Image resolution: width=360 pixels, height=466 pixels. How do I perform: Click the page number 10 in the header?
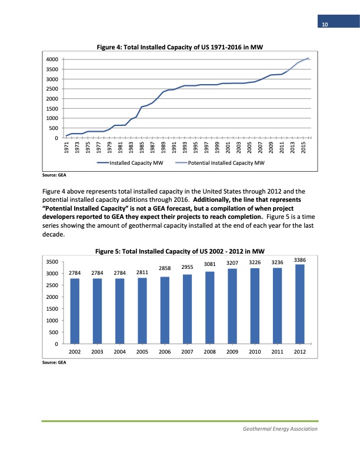pos(324,24)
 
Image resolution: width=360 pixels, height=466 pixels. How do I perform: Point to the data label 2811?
pos(142,272)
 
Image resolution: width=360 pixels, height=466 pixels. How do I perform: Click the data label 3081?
pos(209,264)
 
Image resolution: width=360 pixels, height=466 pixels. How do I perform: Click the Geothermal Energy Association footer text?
pos(280,429)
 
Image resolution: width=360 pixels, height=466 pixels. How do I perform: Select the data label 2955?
pos(187,267)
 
